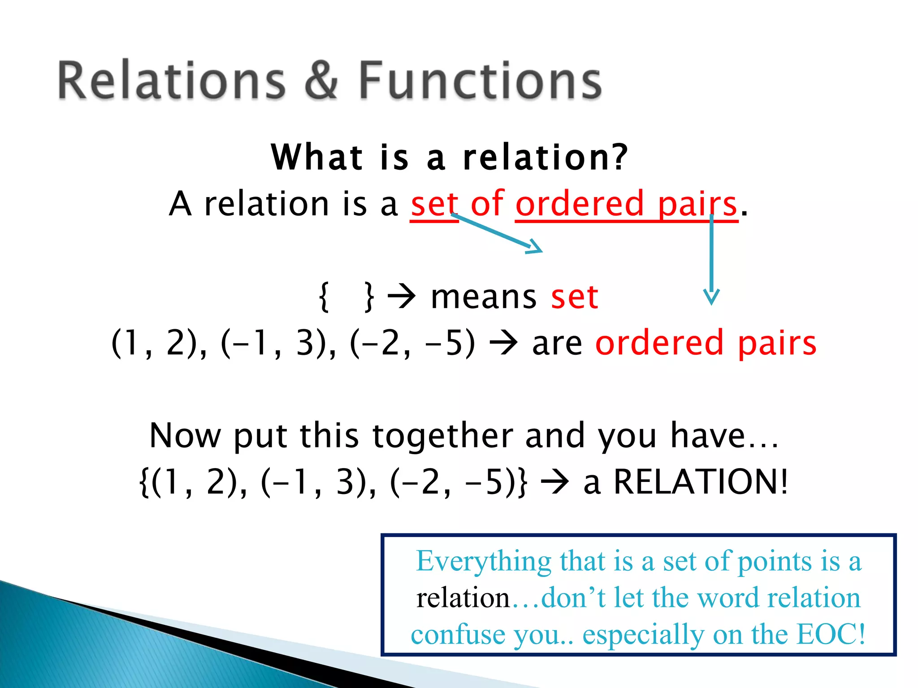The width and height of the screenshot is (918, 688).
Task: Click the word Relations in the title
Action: [171, 81]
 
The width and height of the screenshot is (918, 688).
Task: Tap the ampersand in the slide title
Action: [321, 81]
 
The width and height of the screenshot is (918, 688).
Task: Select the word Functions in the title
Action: [480, 81]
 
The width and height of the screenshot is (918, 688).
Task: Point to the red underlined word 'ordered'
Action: [580, 204]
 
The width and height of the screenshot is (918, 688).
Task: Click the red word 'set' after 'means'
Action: [575, 297]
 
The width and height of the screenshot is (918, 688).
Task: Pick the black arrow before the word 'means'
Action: [402, 297]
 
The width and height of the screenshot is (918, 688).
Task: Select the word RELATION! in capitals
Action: [700, 482]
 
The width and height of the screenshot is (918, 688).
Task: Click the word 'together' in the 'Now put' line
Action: [443, 435]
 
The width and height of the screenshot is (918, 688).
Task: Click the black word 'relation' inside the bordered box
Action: [463, 598]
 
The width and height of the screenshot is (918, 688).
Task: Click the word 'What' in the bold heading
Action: [317, 157]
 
